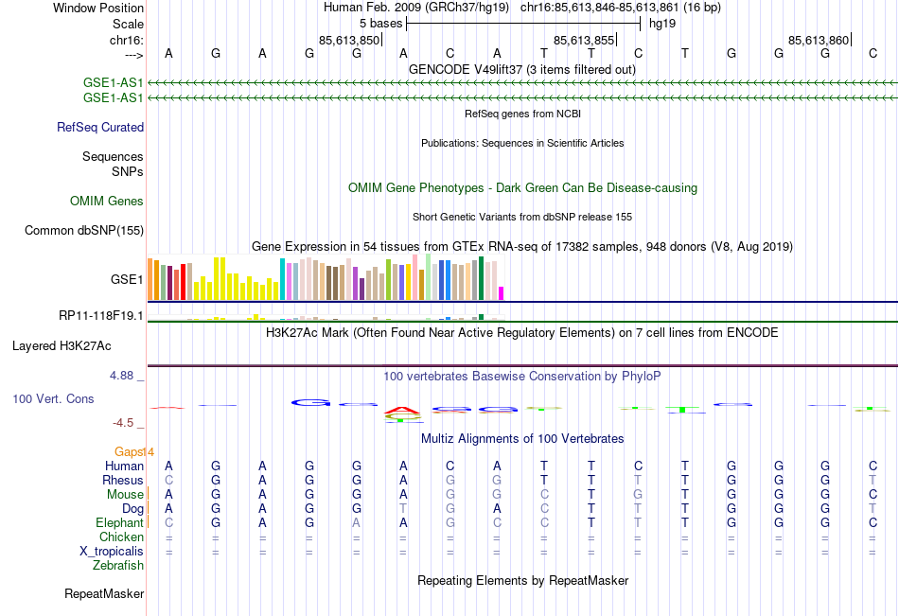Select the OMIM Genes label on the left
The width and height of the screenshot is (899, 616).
click(107, 201)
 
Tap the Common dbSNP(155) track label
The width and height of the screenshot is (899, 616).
click(84, 230)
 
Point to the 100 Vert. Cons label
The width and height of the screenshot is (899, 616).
click(53, 399)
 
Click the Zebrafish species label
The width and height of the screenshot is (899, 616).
click(118, 566)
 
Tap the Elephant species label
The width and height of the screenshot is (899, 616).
click(119, 523)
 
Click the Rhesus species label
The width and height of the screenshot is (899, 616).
click(123, 481)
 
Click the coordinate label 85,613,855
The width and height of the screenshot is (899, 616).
click(584, 40)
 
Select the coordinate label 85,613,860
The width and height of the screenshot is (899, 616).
click(819, 40)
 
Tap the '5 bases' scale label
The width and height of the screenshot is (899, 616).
click(380, 23)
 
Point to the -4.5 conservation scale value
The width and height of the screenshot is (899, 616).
click(123, 423)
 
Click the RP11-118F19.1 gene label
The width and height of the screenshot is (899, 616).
click(100, 315)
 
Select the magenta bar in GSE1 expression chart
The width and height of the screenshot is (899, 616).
click(502, 293)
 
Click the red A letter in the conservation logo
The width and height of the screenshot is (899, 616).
click(403, 411)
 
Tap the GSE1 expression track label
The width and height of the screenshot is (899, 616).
click(127, 280)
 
